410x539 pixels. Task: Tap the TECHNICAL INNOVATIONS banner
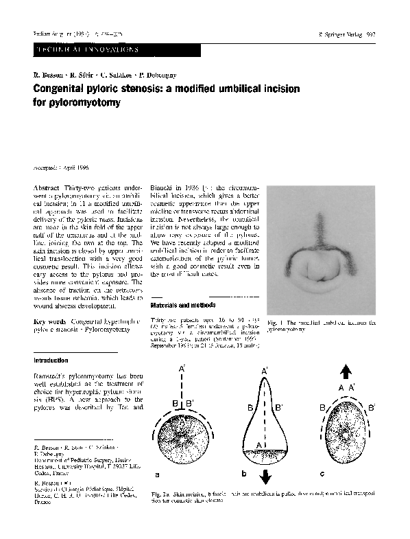(86, 50)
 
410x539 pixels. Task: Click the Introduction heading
(51, 360)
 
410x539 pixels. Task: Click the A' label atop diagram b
(265, 371)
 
